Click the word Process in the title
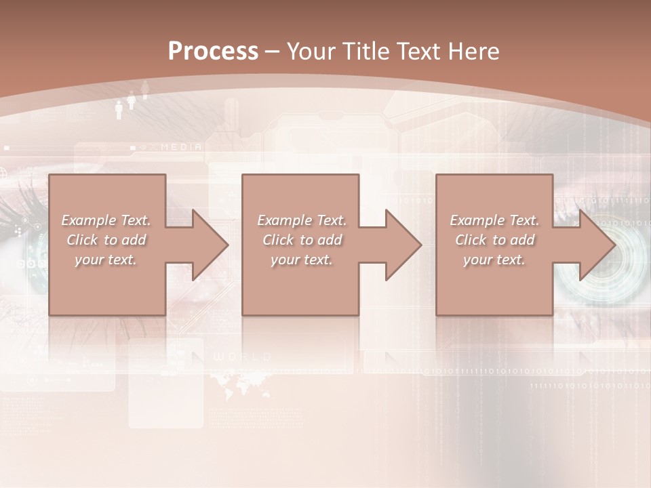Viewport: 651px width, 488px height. pos(213,52)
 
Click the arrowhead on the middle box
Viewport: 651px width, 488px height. pos(402,245)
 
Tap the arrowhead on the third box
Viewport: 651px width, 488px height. pos(595,245)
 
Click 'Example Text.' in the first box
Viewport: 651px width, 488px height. pos(106,220)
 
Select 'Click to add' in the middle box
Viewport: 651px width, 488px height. pos(302,240)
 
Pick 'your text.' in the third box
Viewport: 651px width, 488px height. pos(494,260)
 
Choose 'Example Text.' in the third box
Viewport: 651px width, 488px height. pos(494,220)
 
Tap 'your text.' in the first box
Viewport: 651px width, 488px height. pos(106,260)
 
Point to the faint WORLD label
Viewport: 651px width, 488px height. pos(242,357)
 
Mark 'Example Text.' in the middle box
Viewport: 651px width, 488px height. pos(302,220)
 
